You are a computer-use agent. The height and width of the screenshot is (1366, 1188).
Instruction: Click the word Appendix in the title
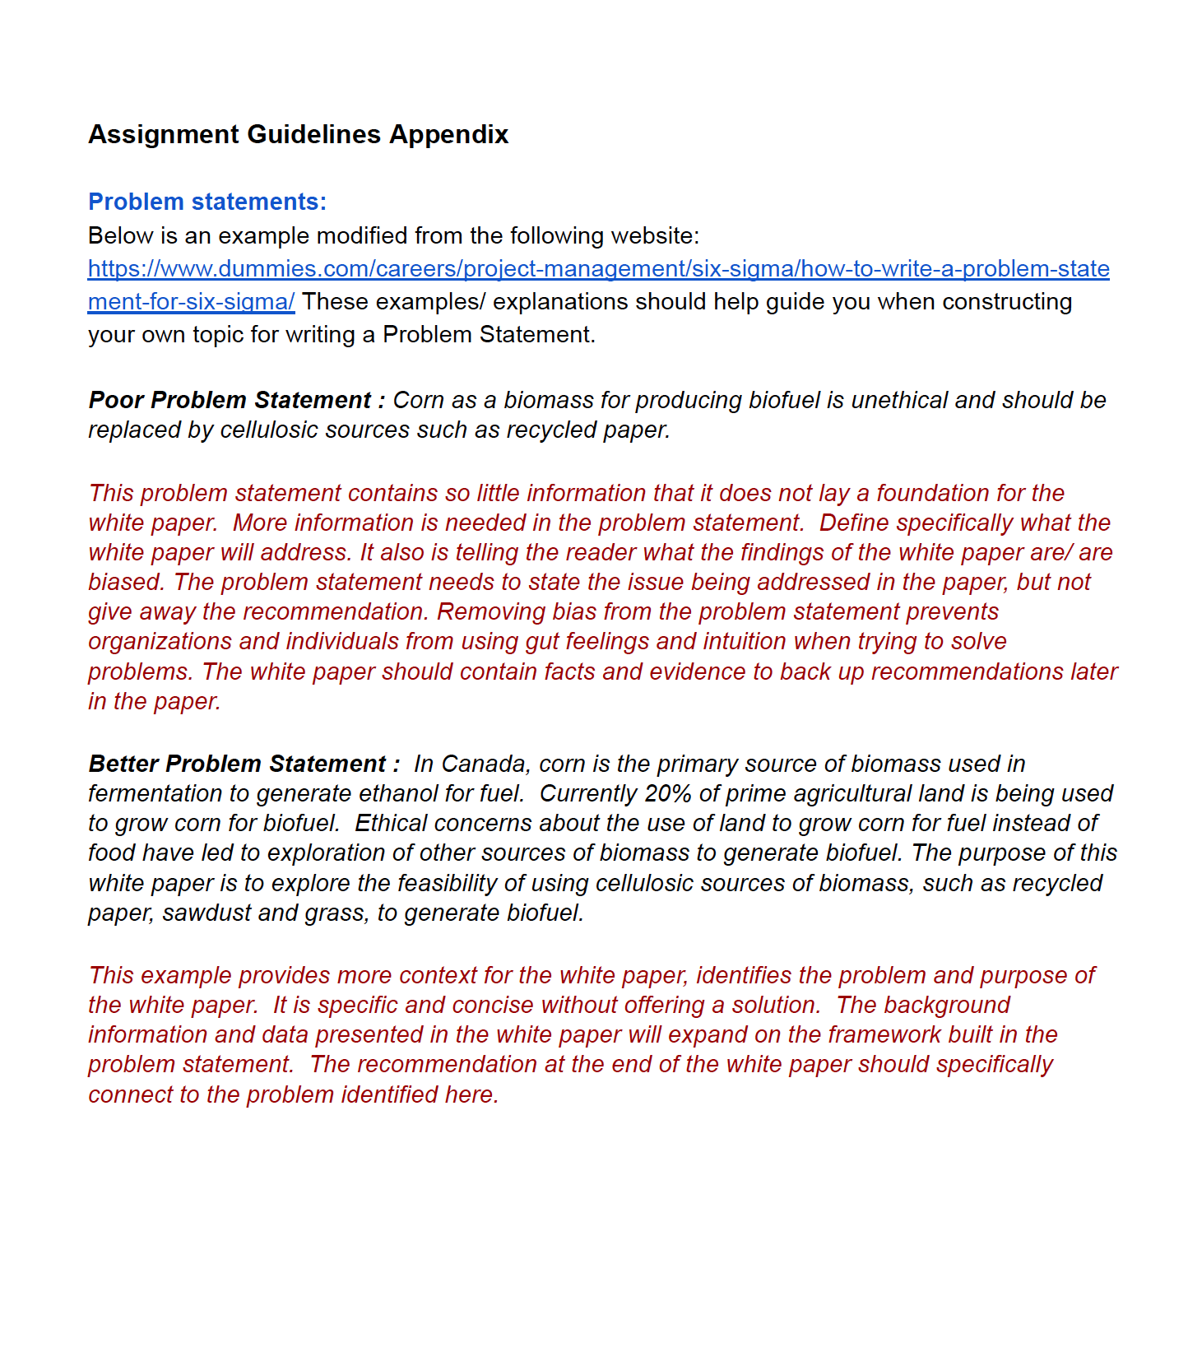pos(448,134)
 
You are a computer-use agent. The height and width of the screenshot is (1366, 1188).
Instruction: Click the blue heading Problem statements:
pos(207,202)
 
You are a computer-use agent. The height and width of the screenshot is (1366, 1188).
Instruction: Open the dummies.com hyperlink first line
pos(598,269)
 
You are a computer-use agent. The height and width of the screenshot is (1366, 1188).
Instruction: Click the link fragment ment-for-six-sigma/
pos(191,302)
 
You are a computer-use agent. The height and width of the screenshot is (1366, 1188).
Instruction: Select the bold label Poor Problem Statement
pos(230,400)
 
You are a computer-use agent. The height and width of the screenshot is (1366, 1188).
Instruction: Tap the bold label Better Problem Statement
pos(238,764)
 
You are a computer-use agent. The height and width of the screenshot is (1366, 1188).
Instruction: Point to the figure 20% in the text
pos(668,793)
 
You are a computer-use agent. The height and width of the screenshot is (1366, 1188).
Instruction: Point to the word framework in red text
pos(896,1034)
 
